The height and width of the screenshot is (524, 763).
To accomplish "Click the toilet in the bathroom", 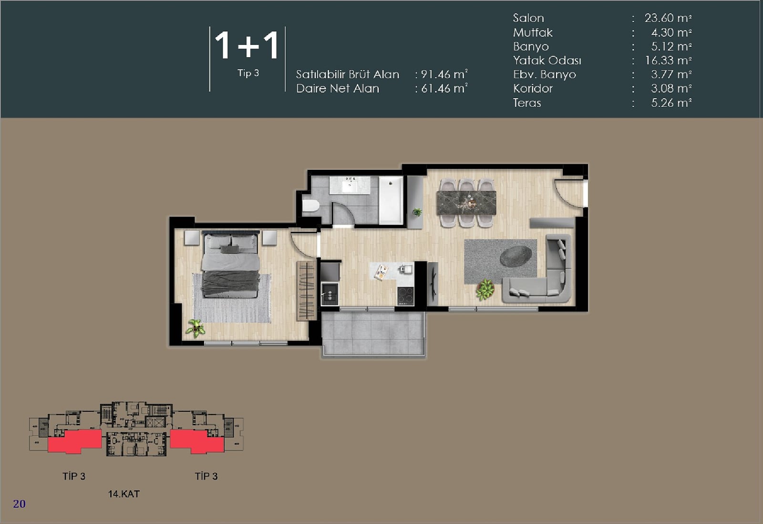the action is coord(310,205).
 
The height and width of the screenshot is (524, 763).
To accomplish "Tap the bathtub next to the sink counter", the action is coord(391,200).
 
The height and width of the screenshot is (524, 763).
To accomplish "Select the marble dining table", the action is coord(466,203).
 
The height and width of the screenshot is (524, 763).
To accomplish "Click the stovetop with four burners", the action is coord(405,296).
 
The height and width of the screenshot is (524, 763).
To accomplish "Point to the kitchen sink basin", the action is coord(330,294).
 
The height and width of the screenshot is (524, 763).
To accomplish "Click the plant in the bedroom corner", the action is coord(195,328).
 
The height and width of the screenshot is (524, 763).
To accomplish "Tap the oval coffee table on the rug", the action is coord(516,256).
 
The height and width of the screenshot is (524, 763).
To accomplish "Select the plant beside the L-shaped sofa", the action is coord(485,289).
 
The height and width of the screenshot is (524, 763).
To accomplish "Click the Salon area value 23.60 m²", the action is coord(668,18).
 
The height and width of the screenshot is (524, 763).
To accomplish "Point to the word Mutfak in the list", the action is coord(533,32).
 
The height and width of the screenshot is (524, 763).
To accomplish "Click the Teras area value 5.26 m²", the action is coord(671,103).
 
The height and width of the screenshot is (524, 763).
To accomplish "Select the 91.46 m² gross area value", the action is coord(444,74).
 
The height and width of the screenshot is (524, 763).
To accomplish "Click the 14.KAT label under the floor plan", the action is coord(124,493).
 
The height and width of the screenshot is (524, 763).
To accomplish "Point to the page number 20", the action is coord(20,504).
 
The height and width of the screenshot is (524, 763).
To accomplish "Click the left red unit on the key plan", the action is coord(74,441).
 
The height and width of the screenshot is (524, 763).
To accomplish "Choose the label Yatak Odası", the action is coord(547,60).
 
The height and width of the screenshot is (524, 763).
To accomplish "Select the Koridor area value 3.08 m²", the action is coord(671,88).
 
